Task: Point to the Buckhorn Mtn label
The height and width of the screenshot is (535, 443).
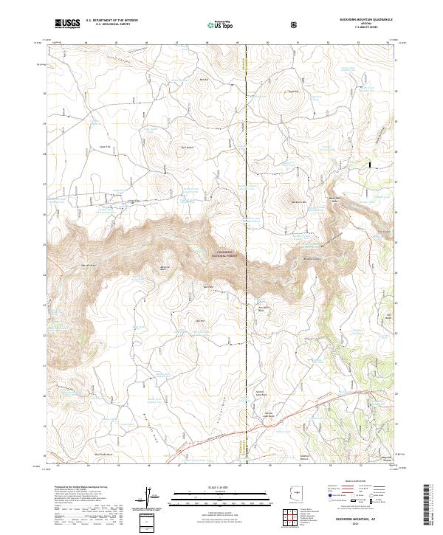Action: (298, 201)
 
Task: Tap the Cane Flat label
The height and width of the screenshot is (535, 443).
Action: (104, 147)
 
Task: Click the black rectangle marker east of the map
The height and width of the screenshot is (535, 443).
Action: (371, 166)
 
